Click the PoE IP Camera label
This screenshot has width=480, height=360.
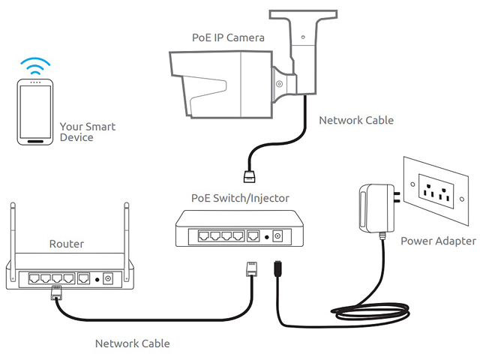[228, 37]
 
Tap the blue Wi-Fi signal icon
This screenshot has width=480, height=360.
[35, 66]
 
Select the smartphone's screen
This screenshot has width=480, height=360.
[35, 112]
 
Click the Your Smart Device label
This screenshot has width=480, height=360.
[88, 132]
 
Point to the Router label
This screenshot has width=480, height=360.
[67, 244]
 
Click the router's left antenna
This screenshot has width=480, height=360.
[13, 241]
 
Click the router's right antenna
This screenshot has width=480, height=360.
[127, 241]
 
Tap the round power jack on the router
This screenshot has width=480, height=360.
[108, 278]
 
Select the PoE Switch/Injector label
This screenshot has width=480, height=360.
[240, 198]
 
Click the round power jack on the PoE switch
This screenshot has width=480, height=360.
[277, 236]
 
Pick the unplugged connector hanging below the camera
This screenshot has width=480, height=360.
[249, 177]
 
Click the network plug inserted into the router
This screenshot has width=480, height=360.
[56, 292]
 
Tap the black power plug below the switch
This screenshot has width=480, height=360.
[278, 268]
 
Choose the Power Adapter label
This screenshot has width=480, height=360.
[438, 241]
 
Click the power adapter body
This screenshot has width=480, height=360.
[376, 208]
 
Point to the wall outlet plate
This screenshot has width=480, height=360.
[436, 191]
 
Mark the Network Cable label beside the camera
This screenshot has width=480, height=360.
[356, 120]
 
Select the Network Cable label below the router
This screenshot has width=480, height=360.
[133, 343]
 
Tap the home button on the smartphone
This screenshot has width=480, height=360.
[35, 142]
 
